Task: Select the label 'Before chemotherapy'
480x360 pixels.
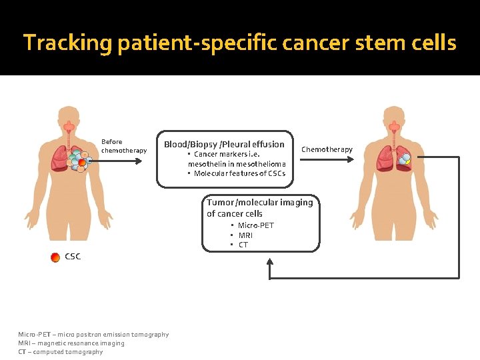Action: pyautogui.click(x=123, y=146)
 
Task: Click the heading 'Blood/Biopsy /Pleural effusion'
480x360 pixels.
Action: pyautogui.click(x=224, y=144)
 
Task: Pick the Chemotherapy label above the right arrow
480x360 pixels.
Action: pyautogui.click(x=327, y=149)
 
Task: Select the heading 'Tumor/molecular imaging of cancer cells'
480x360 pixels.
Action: pyautogui.click(x=259, y=208)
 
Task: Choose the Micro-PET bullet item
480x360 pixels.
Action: pyautogui.click(x=255, y=225)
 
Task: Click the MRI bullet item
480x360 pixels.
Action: pyautogui.click(x=245, y=235)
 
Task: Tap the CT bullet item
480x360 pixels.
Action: pyautogui.click(x=243, y=245)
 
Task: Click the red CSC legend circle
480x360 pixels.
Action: pyautogui.click(x=55, y=257)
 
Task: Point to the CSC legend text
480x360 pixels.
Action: pyautogui.click(x=73, y=257)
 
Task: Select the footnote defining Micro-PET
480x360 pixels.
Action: pyautogui.click(x=93, y=335)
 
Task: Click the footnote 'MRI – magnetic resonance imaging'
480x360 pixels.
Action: pyautogui.click(x=71, y=343)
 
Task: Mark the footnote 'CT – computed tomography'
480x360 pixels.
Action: pyautogui.click(x=61, y=352)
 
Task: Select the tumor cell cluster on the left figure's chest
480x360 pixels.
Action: pyautogui.click(x=79, y=160)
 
